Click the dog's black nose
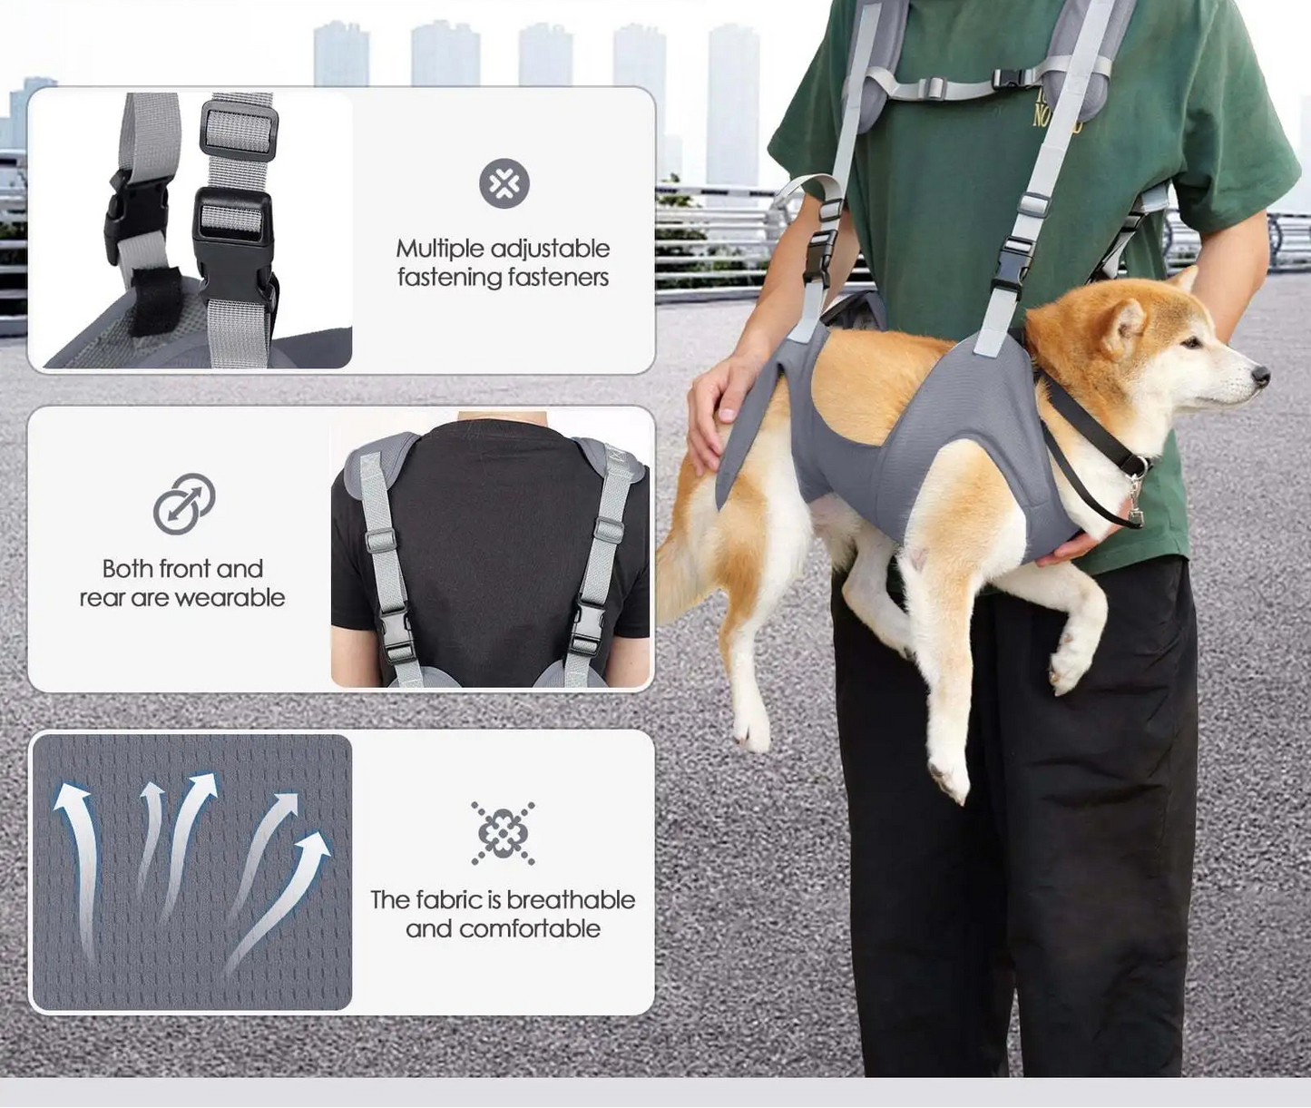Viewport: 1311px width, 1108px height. coord(1259,374)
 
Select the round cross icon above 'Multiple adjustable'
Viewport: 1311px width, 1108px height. coord(504,184)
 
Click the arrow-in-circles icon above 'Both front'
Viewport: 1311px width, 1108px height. coord(183,504)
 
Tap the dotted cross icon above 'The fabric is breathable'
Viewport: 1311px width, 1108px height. coord(503,833)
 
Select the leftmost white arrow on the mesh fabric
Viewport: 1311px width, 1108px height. coord(80,862)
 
